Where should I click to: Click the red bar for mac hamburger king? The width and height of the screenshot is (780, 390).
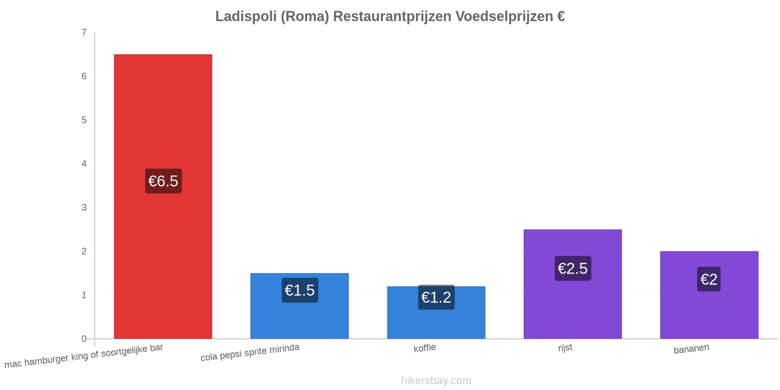click(163, 196)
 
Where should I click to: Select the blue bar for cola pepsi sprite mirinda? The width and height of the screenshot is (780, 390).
click(299, 306)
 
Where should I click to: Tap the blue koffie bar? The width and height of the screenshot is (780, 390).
click(436, 312)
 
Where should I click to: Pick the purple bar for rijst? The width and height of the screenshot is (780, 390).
click(572, 284)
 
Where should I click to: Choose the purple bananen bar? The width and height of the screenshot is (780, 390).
click(709, 295)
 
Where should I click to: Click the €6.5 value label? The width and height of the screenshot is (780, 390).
click(163, 181)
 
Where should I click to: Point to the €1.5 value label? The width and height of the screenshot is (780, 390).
click(300, 290)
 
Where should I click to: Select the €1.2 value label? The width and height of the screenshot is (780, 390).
click(436, 297)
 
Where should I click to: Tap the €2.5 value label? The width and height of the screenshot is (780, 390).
click(573, 268)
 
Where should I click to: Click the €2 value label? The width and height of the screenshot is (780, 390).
click(709, 279)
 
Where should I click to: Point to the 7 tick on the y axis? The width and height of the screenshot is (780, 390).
click(84, 32)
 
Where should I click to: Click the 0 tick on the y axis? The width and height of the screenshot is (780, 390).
click(84, 338)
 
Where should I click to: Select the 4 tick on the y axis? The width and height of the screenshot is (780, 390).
click(84, 164)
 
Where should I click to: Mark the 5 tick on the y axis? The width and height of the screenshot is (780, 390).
click(84, 120)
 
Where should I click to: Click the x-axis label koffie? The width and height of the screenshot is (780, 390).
click(425, 348)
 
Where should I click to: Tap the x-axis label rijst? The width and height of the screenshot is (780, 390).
click(565, 348)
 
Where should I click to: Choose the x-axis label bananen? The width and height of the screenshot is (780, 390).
click(691, 349)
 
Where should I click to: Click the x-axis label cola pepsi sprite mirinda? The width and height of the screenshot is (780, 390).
click(250, 352)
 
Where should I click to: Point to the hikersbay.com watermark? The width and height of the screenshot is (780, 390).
click(436, 380)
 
